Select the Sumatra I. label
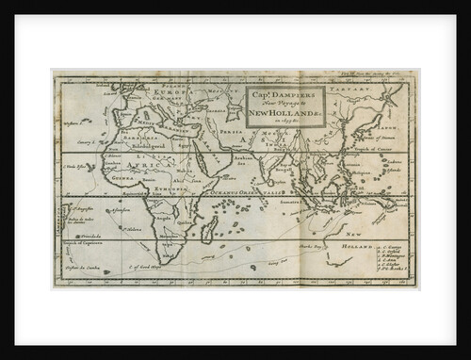(287, 202)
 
